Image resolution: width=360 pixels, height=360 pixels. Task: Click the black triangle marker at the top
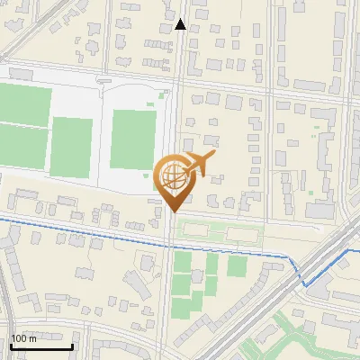(181, 24)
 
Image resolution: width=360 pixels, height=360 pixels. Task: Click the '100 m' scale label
(24, 338)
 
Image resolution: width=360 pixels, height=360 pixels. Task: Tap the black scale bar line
(41, 346)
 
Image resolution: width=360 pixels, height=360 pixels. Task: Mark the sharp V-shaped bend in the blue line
(304, 284)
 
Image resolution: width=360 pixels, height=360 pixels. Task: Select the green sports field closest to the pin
(133, 139)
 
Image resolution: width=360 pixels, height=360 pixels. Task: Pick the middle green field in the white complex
(71, 146)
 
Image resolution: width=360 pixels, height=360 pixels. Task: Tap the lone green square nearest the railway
(237, 266)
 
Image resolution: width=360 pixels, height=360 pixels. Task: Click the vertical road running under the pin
(168, 288)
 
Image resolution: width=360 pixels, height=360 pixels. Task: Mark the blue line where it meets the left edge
(3, 218)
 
